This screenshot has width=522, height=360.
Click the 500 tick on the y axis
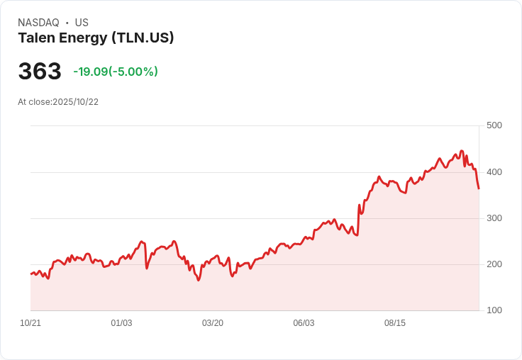pos(494,125)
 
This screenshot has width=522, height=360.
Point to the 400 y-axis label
pos(494,171)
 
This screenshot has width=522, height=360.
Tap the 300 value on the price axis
pos(494,218)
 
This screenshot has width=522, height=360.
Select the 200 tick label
pos(494,264)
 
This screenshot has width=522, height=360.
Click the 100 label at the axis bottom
pos(494,310)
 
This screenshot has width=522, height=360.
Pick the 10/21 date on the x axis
pos(30,323)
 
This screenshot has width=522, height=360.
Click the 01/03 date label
pos(121,323)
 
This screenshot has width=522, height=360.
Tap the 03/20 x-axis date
pos(213,323)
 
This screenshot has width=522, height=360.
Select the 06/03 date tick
pos(304,323)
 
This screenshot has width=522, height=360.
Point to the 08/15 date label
pos(395,323)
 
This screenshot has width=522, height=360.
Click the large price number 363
pos(40,72)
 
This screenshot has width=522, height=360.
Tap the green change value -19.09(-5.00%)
pos(116,72)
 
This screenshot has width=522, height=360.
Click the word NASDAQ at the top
pos(38,23)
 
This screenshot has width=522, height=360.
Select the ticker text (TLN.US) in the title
pos(143,38)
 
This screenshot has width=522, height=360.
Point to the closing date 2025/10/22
pos(75,102)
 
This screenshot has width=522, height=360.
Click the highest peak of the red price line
pos(461,151)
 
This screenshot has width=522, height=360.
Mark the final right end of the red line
pos(479,189)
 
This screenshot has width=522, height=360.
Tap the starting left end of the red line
pos(30,274)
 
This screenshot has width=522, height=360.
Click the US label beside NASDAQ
pos(82,23)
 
